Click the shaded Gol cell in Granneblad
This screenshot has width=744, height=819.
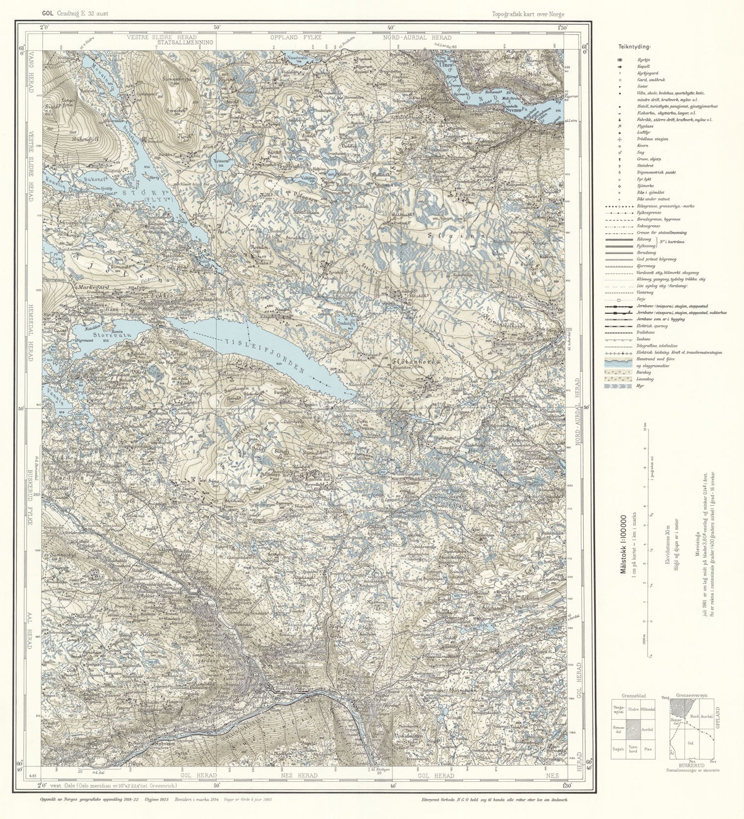coord(632,730)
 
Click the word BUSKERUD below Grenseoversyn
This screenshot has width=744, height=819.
coord(691,765)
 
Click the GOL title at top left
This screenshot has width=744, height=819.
coord(48,14)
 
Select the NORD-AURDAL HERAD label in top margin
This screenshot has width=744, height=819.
coord(421,38)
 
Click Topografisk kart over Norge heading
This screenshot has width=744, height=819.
coord(528,14)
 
